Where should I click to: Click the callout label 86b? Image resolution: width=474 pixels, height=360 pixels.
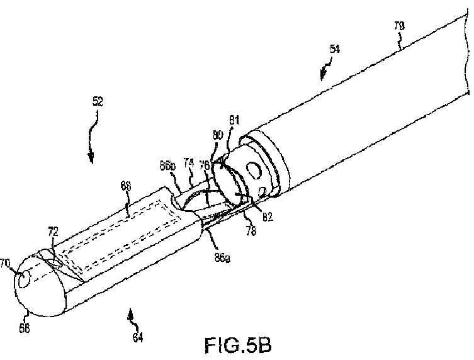pyautogui.click(x=167, y=165)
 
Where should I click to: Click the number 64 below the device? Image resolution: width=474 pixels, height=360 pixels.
pyautogui.click(x=137, y=337)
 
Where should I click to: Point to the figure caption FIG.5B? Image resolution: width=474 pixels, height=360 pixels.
pyautogui.click(x=240, y=346)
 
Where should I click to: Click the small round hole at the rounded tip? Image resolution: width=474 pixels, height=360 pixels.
pyautogui.click(x=27, y=276)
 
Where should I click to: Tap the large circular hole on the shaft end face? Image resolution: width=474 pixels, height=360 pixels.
pyautogui.click(x=254, y=169)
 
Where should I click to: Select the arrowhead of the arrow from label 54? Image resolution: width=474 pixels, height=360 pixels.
pyautogui.click(x=322, y=77)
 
